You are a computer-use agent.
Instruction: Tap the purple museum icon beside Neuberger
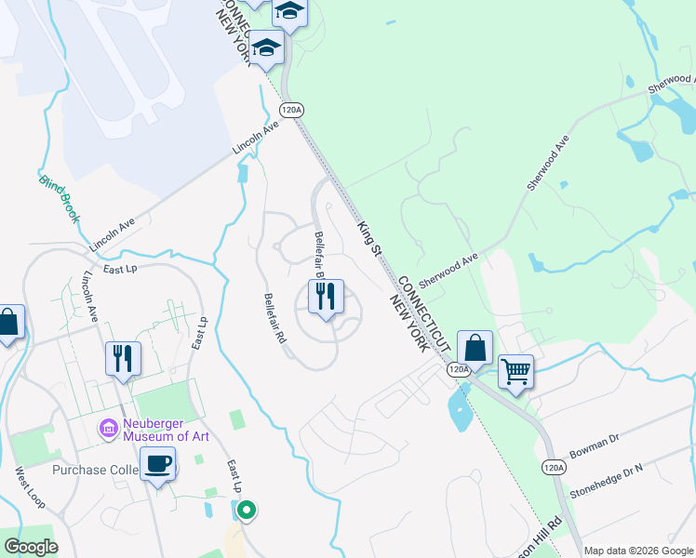[109, 429]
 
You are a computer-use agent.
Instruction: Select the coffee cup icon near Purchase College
[157, 463]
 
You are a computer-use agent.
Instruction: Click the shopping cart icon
[515, 373]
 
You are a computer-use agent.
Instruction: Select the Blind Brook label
[60, 199]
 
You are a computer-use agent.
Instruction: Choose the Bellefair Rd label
[274, 319]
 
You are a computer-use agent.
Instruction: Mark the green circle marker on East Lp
[247, 510]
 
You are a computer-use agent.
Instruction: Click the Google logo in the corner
[31, 547]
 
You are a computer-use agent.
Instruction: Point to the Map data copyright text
[638, 551]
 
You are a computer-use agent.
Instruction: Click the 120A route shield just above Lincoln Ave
[291, 110]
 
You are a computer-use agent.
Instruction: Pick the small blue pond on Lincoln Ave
[244, 172]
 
